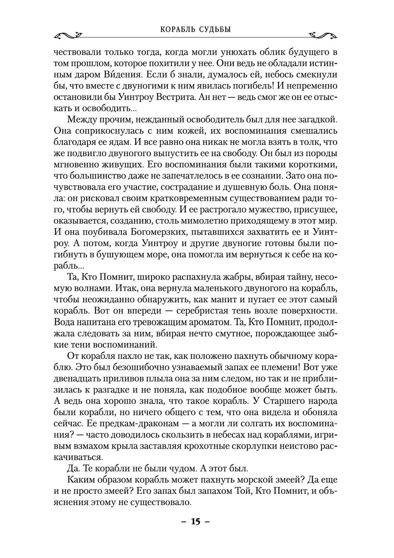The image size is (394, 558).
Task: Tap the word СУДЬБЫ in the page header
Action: (215, 29)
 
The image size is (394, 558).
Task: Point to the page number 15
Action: (196, 521)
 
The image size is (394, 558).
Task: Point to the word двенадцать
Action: (79, 378)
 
